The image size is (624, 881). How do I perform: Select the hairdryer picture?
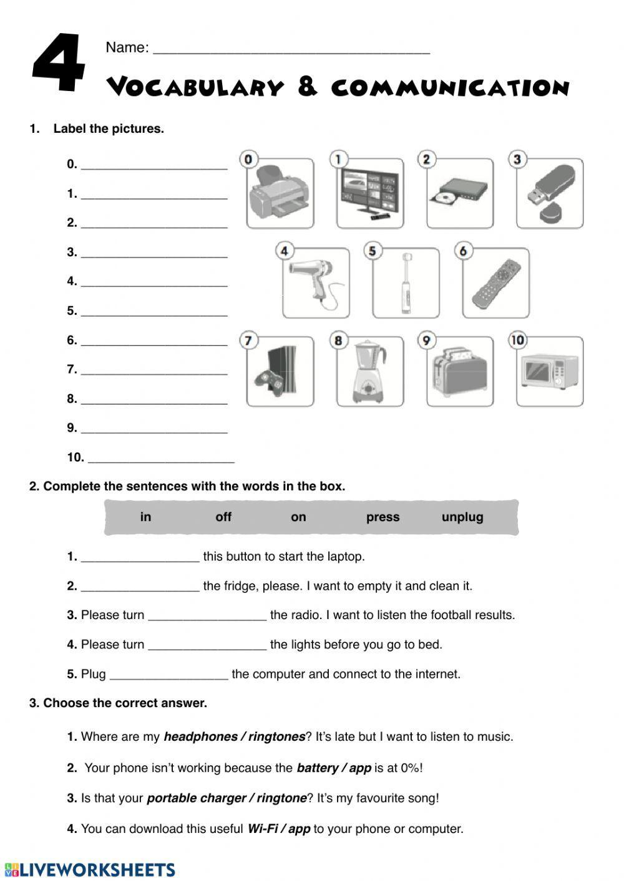coord(316,282)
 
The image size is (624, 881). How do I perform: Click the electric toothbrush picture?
coord(406,282)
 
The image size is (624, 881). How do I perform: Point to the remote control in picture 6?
coord(495,284)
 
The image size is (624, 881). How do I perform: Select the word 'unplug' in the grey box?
coord(462,517)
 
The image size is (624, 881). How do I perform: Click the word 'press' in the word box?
coord(383,517)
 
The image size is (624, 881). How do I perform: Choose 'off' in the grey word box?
coord(223,517)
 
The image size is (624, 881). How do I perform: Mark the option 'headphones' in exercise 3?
coord(200,737)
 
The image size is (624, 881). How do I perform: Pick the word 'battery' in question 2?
coord(317,768)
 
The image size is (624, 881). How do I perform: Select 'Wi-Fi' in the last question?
coord(262,829)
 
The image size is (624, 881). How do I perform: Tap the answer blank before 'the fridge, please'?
coord(140,587)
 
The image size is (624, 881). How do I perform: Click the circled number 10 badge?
coord(517,340)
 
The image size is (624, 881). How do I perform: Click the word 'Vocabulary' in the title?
coord(195,88)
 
